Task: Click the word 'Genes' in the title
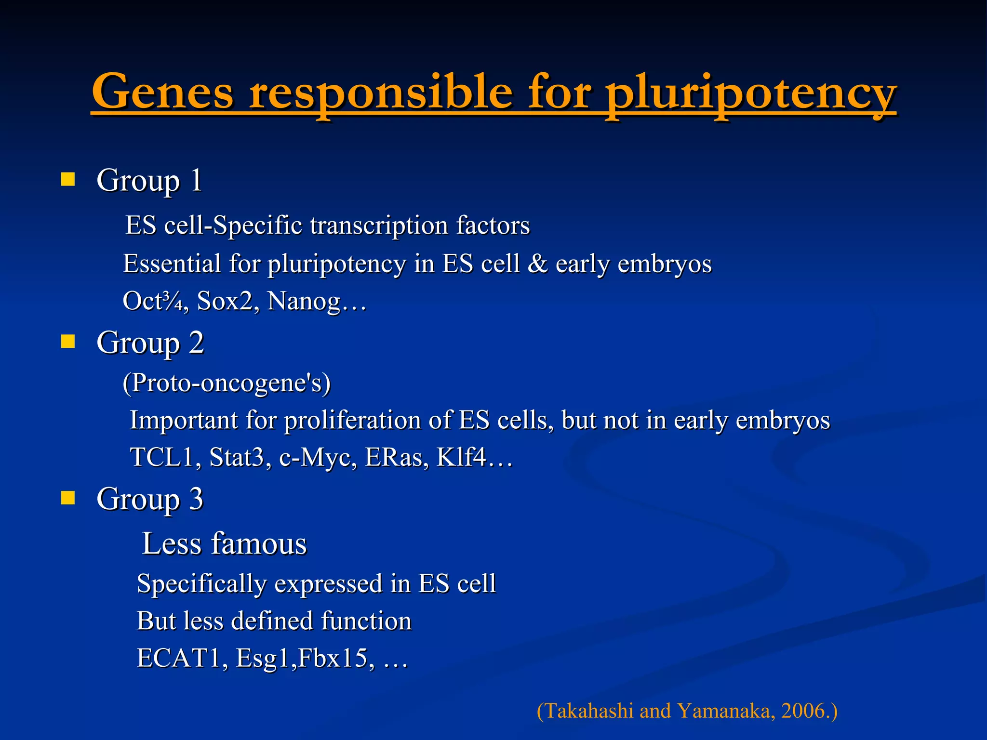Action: coord(163,92)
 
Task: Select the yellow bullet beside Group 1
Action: coord(68,180)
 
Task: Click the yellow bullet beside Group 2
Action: coord(68,342)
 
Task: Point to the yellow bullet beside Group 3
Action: coord(68,498)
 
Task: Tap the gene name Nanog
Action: coord(304,302)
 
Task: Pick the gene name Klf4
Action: coord(461,457)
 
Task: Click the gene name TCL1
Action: coord(161,457)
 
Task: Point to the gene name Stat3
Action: coord(237,457)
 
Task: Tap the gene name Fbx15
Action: coord(333,658)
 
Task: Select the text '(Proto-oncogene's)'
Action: coord(227,383)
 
